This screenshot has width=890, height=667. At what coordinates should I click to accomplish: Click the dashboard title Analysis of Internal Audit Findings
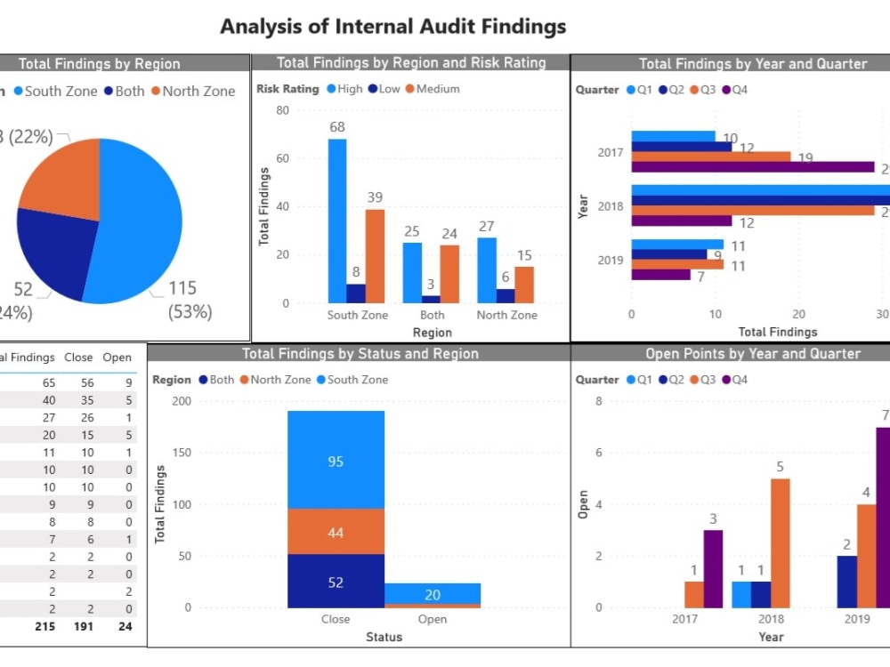pos(392,26)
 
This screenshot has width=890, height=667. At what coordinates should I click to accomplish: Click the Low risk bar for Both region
pos(432,299)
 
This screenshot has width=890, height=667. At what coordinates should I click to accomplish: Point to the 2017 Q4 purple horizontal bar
pos(752,167)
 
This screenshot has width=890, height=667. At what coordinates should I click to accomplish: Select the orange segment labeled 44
pos(336,532)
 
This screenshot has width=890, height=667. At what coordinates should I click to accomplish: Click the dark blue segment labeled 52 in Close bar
pos(336,582)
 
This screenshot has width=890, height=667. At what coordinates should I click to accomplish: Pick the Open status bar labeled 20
pos(432,594)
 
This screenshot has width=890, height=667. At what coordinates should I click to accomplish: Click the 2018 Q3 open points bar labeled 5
pos(780,542)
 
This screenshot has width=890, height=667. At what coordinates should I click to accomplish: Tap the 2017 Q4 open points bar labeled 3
pos(713,568)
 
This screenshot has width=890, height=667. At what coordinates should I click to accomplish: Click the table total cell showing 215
pos(44,626)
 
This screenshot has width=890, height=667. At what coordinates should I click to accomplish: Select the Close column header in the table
pos(78,358)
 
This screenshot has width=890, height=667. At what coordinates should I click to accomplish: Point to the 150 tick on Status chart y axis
pos(181,453)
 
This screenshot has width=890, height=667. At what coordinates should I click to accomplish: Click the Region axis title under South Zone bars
pos(432,333)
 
